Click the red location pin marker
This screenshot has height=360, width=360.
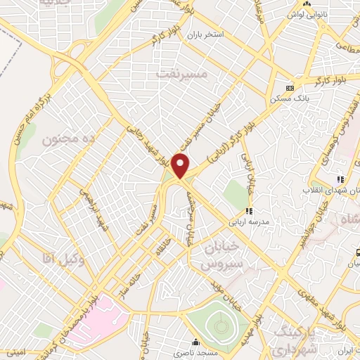(181, 166)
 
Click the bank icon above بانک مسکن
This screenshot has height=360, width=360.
(290, 88)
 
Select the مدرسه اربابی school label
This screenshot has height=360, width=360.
(247, 220)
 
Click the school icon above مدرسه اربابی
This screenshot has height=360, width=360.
(248, 210)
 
